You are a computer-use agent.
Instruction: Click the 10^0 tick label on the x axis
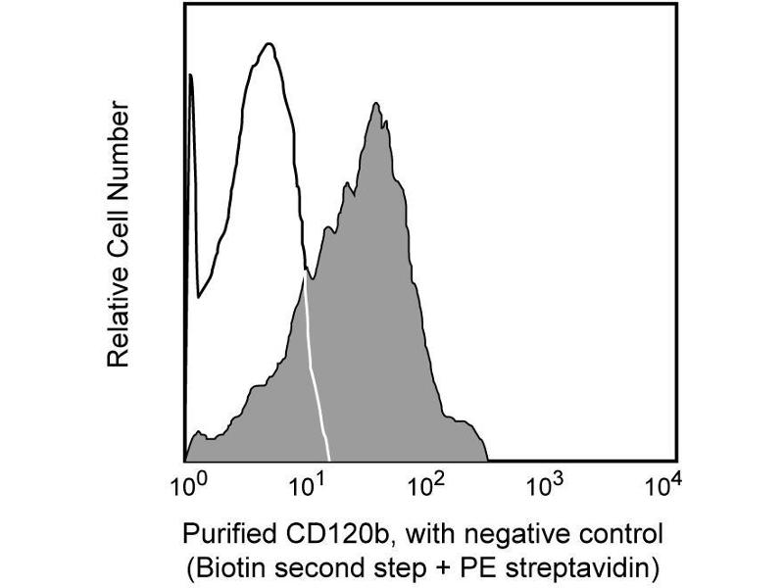[x=186, y=485]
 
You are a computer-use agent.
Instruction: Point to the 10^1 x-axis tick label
[x=309, y=485]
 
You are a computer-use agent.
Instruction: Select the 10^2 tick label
[x=428, y=485]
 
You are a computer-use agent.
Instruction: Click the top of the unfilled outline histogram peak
[x=268, y=44]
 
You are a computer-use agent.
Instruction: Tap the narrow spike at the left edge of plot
[x=190, y=78]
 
